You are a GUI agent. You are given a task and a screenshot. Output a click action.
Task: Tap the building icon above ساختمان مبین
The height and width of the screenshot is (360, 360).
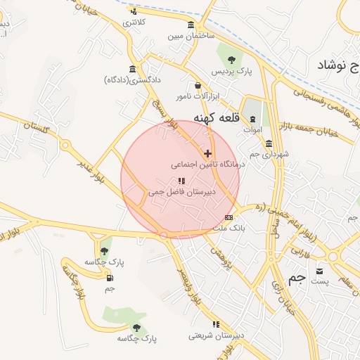pyautogui.click(x=191, y=26)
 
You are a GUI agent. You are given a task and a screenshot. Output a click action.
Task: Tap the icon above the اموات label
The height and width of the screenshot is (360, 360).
pyautogui.click(x=253, y=120)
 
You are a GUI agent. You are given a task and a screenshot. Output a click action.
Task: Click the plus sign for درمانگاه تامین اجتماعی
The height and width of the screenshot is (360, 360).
pyautogui.click(x=207, y=153)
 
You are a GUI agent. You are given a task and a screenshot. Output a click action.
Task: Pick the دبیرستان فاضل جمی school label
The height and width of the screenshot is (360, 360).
pyautogui.click(x=182, y=191)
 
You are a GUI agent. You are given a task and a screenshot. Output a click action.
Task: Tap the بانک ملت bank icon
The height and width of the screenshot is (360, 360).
pyautogui.click(x=229, y=217)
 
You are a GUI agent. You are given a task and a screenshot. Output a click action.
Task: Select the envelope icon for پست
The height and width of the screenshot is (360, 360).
pyautogui.click(x=321, y=271)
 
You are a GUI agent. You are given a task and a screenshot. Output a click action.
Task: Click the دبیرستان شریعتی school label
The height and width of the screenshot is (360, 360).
pyautogui.click(x=217, y=335)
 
